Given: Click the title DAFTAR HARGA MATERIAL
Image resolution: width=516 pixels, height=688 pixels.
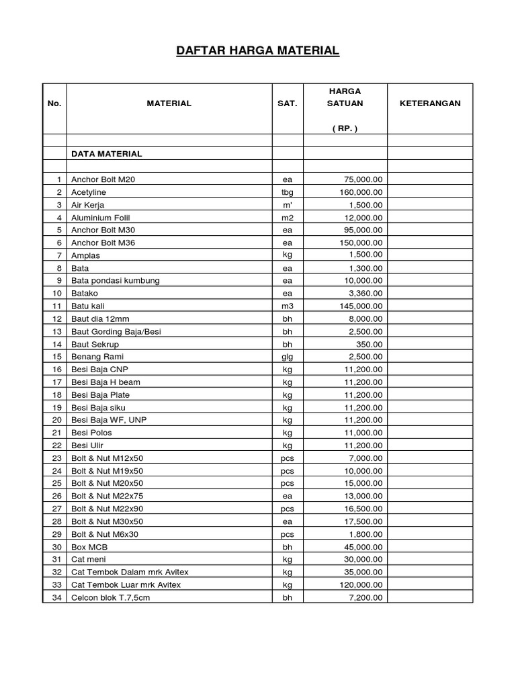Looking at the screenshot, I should [258, 51].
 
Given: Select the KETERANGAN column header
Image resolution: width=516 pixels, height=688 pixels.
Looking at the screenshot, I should [430, 103].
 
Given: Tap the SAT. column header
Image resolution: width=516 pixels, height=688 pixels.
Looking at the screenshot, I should [288, 103].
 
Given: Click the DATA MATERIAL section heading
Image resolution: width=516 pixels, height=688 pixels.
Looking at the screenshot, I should [107, 154].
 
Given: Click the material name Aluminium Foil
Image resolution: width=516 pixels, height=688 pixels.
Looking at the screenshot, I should [101, 218].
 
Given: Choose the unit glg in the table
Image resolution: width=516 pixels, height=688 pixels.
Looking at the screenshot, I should [288, 357].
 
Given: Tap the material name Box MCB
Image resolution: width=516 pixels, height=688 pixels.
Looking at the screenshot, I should [89, 547].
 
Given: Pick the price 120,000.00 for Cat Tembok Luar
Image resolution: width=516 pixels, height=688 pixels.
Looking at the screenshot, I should [360, 585].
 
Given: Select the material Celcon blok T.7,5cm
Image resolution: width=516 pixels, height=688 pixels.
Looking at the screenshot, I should [110, 597].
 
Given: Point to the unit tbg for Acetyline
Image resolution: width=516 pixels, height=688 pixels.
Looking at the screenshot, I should [288, 192].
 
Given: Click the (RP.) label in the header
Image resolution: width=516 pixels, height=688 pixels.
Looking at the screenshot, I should [345, 128].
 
